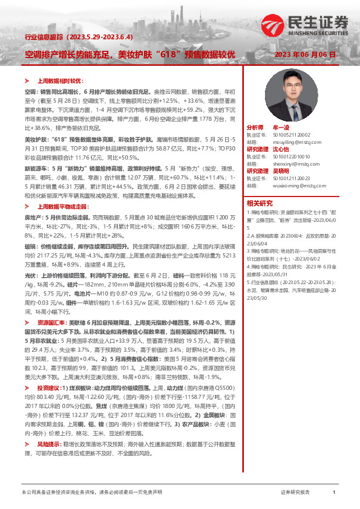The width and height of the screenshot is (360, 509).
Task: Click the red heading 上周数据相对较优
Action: (x=59, y=80)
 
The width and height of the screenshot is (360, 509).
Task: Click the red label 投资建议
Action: (x=48, y=386)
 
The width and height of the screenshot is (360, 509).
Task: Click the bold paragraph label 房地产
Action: (x=32, y=216)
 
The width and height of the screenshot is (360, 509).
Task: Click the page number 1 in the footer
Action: (x=334, y=493)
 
